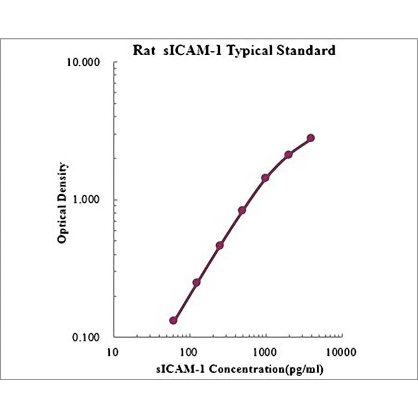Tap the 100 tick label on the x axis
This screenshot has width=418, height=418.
189,351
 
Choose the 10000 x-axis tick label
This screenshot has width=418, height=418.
342,351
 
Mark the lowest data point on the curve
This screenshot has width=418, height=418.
173,320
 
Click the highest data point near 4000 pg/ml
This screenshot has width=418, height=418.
311,138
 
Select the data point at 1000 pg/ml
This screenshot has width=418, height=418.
265,178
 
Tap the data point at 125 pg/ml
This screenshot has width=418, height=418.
196,282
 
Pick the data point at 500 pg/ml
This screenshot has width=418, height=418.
242,210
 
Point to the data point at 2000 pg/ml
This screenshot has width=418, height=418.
288,155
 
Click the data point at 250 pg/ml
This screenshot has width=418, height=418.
219,246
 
